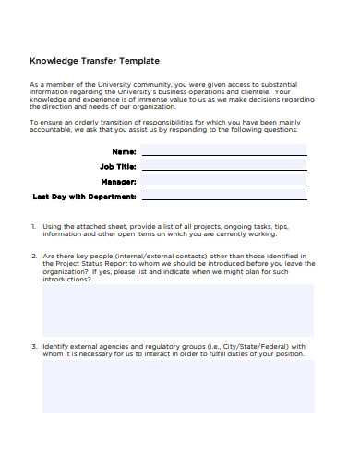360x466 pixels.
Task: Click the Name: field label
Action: coord(124,150)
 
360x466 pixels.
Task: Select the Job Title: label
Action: coord(117,166)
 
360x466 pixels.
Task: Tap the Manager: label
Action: coord(119,182)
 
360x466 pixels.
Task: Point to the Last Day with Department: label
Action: coord(84,197)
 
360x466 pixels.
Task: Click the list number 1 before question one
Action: coord(33,226)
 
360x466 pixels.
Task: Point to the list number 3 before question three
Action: coord(33,346)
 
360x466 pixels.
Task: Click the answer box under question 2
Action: coord(178,310)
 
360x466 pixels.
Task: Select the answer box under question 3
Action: coord(178,386)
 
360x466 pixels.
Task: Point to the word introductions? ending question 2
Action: coord(66,279)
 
